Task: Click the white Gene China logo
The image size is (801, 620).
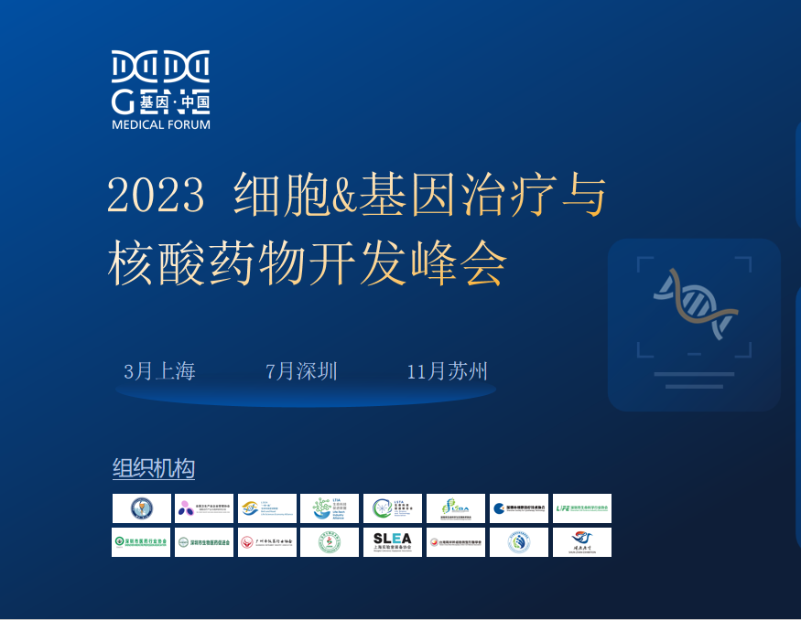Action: [161, 81]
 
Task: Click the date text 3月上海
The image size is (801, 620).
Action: [159, 371]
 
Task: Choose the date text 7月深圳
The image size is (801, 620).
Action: [301, 371]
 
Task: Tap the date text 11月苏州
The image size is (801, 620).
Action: [447, 371]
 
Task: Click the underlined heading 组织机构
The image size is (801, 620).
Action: [153, 469]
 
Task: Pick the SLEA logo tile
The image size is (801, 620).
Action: [393, 542]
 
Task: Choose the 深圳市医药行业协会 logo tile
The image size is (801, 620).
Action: [141, 542]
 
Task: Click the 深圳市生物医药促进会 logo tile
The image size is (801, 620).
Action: [203, 542]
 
